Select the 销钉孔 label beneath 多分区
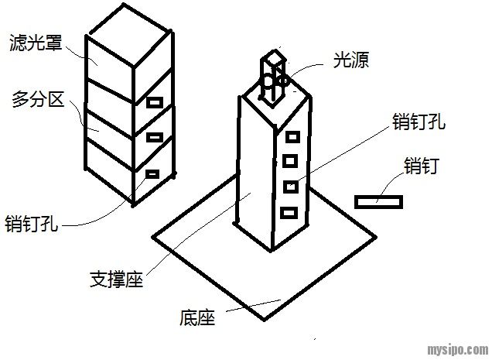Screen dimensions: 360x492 coord(32,225)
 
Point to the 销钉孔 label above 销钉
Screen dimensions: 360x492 coord(419,121)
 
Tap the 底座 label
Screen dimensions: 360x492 coord(196,317)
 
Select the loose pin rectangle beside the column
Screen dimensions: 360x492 coord(378,201)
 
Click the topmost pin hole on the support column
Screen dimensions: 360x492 coord(292,137)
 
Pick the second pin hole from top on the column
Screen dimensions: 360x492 coord(291,161)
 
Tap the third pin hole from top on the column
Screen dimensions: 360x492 coord(290,186)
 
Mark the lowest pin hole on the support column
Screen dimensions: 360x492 coord(288,211)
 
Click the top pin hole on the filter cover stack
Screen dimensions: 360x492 coord(155,102)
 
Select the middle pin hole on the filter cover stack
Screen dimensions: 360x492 coord(155,137)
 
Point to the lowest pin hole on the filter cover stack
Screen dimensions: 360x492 coord(152,173)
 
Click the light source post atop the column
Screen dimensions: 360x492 coord(273,77)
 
